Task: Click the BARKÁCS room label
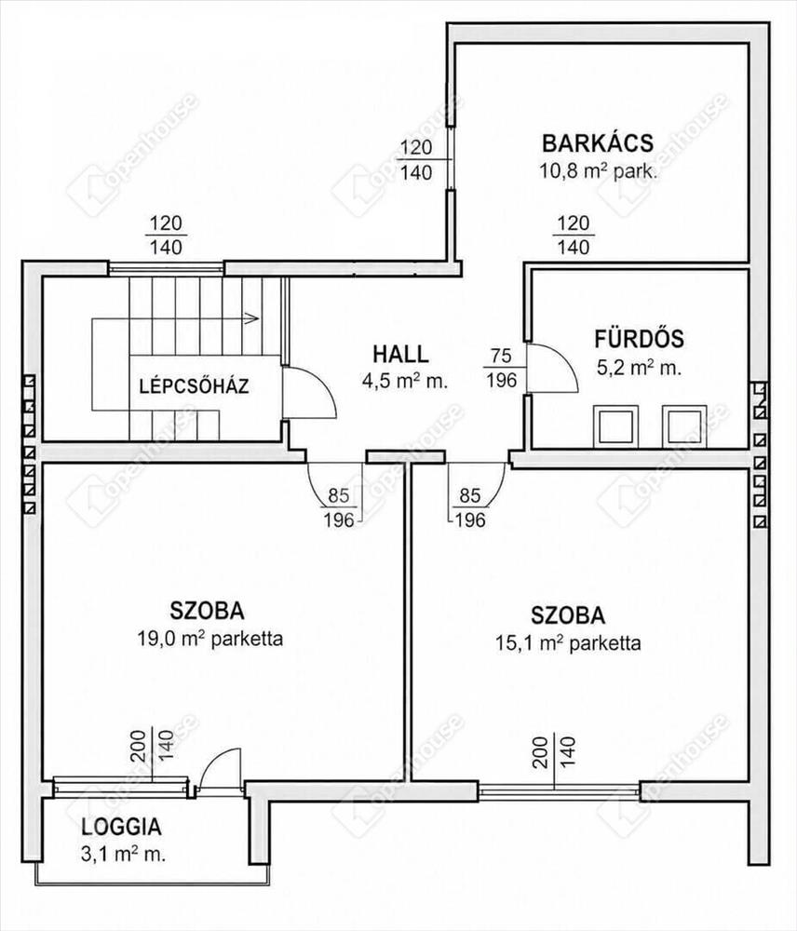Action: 598,143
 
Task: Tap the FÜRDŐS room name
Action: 639,339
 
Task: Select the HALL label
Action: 400,354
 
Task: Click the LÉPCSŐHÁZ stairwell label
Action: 195,386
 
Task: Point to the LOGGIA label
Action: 121,827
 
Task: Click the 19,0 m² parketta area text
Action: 210,639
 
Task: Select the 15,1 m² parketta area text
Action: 568,643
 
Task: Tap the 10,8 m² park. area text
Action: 598,171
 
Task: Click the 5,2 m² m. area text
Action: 639,368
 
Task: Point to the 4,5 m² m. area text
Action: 404,381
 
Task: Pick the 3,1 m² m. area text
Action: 123,855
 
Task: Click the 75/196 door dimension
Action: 501,368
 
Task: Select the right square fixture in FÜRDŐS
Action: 684,426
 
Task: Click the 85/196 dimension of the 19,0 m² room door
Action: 339,507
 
